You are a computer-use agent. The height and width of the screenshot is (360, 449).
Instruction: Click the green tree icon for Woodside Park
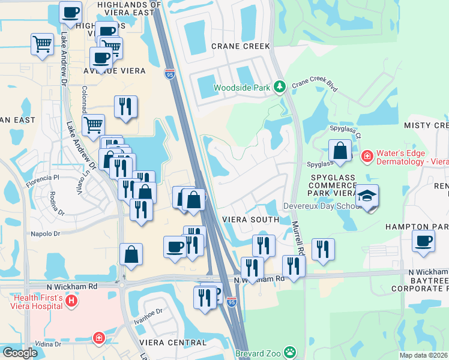(279, 88)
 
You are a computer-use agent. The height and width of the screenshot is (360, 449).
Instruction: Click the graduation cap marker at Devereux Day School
(366, 196)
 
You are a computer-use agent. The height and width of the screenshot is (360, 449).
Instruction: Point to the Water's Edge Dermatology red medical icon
(366, 157)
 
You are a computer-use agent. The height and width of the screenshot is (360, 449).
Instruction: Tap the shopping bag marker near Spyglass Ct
(340, 151)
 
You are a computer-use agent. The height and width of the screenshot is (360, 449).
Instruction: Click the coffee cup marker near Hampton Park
(423, 241)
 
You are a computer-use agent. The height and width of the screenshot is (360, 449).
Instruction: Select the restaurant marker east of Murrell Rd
(323, 250)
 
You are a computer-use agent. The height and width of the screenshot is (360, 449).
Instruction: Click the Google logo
(20, 352)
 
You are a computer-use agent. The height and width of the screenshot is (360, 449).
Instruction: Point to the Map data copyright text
(423, 355)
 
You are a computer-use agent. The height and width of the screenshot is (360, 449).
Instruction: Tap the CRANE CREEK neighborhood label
(241, 46)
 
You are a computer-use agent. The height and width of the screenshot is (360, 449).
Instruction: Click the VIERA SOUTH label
(250, 220)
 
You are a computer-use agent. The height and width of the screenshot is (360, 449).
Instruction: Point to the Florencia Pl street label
(43, 178)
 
